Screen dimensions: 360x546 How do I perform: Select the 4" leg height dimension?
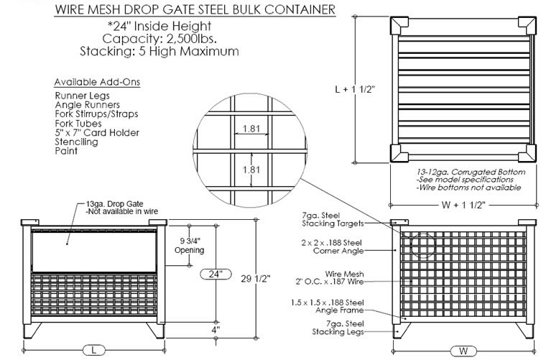[x=215, y=330]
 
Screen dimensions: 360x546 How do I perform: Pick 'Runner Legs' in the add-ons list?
[x=79, y=96]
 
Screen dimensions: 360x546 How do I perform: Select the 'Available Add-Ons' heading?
[x=98, y=81]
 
